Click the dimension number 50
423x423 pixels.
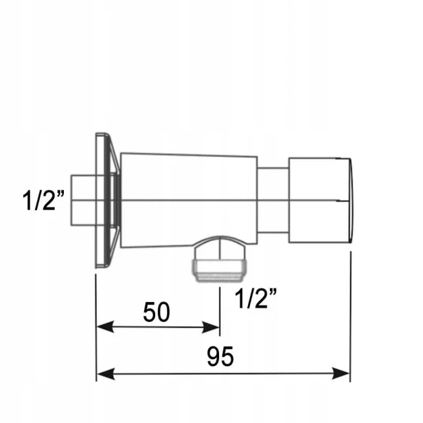[x=157, y=312]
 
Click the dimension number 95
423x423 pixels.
[x=220, y=356]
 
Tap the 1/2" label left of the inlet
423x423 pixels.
[x=43, y=200]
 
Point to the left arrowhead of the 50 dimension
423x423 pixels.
[x=105, y=327]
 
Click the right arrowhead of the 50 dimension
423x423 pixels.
[x=210, y=328]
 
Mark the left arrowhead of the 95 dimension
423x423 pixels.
[x=106, y=374]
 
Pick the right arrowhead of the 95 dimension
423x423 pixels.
[x=341, y=374]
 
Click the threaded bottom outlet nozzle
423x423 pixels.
[x=220, y=271]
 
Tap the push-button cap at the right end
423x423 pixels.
[x=321, y=201]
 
